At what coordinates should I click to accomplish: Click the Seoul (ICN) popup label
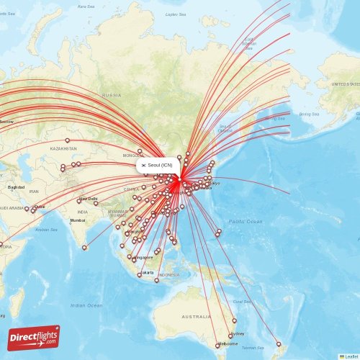click(x=156, y=165)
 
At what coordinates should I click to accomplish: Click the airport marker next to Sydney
click(x=230, y=336)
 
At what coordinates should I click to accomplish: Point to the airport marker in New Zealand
click(x=279, y=343)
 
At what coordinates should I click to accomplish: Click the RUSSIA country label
click(x=112, y=95)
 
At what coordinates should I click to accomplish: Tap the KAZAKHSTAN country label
click(x=64, y=148)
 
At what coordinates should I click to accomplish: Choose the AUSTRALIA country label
click(x=196, y=317)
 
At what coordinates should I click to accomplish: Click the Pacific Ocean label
click(x=246, y=222)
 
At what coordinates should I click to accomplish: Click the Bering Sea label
click(x=308, y=114)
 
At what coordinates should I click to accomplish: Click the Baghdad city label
click(x=16, y=187)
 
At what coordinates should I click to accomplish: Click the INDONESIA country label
click(x=168, y=275)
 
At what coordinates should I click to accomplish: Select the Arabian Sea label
click(x=46, y=230)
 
